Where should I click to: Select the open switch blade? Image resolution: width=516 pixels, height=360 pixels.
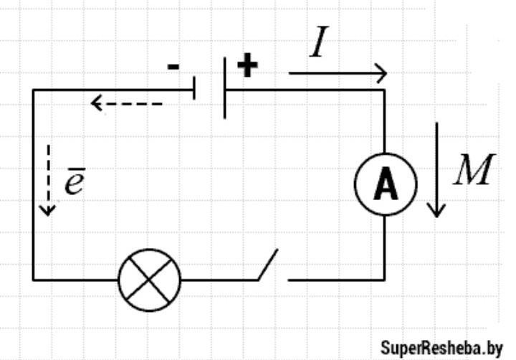pos(268,265)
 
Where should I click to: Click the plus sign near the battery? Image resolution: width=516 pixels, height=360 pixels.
pos(247,66)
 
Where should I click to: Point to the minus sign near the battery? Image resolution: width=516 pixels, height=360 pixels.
pos(173,67)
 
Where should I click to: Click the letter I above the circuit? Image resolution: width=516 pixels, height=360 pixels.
pos(320,44)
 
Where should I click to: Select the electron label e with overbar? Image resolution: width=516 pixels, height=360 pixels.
pos(75,184)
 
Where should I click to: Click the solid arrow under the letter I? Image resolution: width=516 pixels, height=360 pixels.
pos(338,73)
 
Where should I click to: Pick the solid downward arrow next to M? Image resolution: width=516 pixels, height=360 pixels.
pos(436,169)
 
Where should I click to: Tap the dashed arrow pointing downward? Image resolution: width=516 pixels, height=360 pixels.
pos(47,179)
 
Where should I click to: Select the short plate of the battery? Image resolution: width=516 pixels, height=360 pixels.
pos(194,90)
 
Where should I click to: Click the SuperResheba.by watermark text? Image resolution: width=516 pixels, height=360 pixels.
pos(441,348)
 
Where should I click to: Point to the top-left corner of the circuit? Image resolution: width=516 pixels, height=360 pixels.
pos(34,90)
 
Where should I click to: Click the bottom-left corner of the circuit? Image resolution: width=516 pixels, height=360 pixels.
pos(34,279)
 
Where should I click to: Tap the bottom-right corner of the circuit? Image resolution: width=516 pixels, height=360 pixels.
pos(385,279)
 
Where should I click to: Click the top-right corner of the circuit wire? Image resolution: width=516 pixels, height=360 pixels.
pos(385,90)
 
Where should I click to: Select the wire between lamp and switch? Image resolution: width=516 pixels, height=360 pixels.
pos(219,279)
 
